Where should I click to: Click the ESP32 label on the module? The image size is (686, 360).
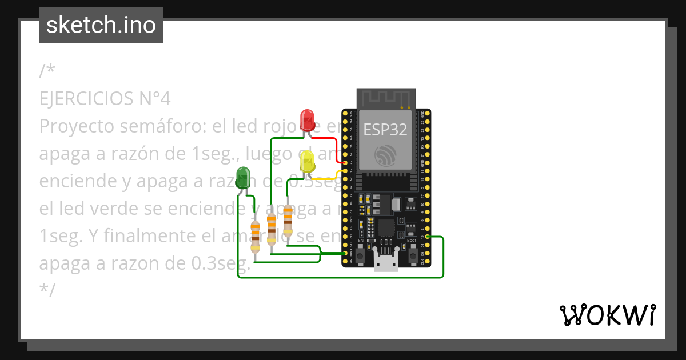[385, 130]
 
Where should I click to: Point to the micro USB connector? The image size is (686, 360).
[386, 261]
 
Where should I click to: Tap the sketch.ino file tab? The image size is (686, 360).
[101, 25]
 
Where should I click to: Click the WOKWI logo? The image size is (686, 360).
[607, 315]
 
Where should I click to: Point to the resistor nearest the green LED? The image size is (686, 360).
[256, 235]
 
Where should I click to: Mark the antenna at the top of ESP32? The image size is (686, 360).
[385, 98]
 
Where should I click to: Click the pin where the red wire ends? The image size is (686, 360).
[345, 162]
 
